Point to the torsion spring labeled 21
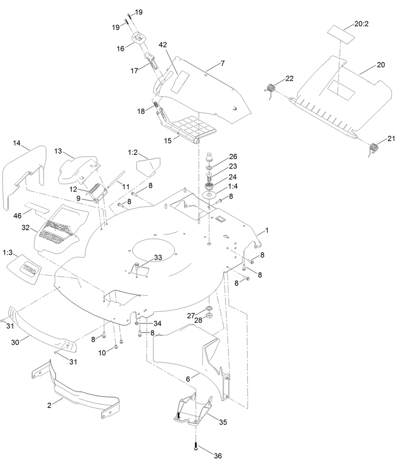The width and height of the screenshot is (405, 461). [x=374, y=148]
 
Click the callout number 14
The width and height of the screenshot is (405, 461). [x=17, y=143]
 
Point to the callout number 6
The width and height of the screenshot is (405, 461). [x=187, y=378]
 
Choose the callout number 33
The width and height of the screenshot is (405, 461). [x=158, y=258]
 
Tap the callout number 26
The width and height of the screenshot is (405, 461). [x=233, y=156]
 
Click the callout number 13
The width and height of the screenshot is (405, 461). [x=58, y=151]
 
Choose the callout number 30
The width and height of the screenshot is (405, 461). [x=15, y=342]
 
